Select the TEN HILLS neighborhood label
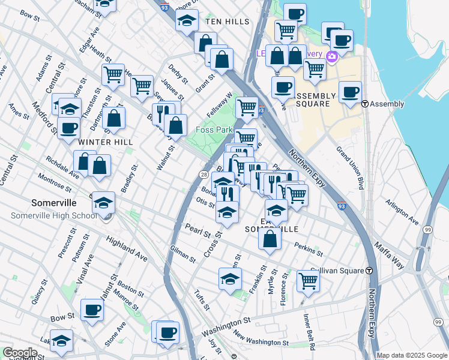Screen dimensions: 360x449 pos(227,22)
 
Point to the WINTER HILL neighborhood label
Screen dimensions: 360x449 pos(106,142)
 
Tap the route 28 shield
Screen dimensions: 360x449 pos(204,175)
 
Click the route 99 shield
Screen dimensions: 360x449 pos(427,230)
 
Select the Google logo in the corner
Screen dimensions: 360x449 pos(19,353)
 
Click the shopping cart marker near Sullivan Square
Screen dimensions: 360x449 pos(308,280)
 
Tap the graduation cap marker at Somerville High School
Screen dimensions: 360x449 pos(103,202)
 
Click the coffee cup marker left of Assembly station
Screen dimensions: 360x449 pos(350,92)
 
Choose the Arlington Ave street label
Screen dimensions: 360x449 pos(402,211)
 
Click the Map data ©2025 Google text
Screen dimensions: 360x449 pos(412,355)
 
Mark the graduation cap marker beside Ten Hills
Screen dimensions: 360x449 pos(187,20)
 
